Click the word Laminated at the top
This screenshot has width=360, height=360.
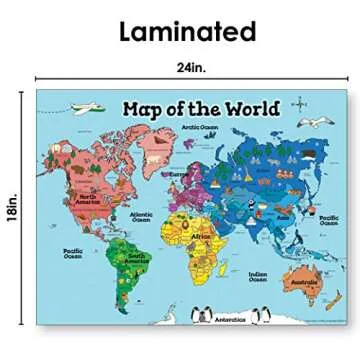(187, 31)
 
